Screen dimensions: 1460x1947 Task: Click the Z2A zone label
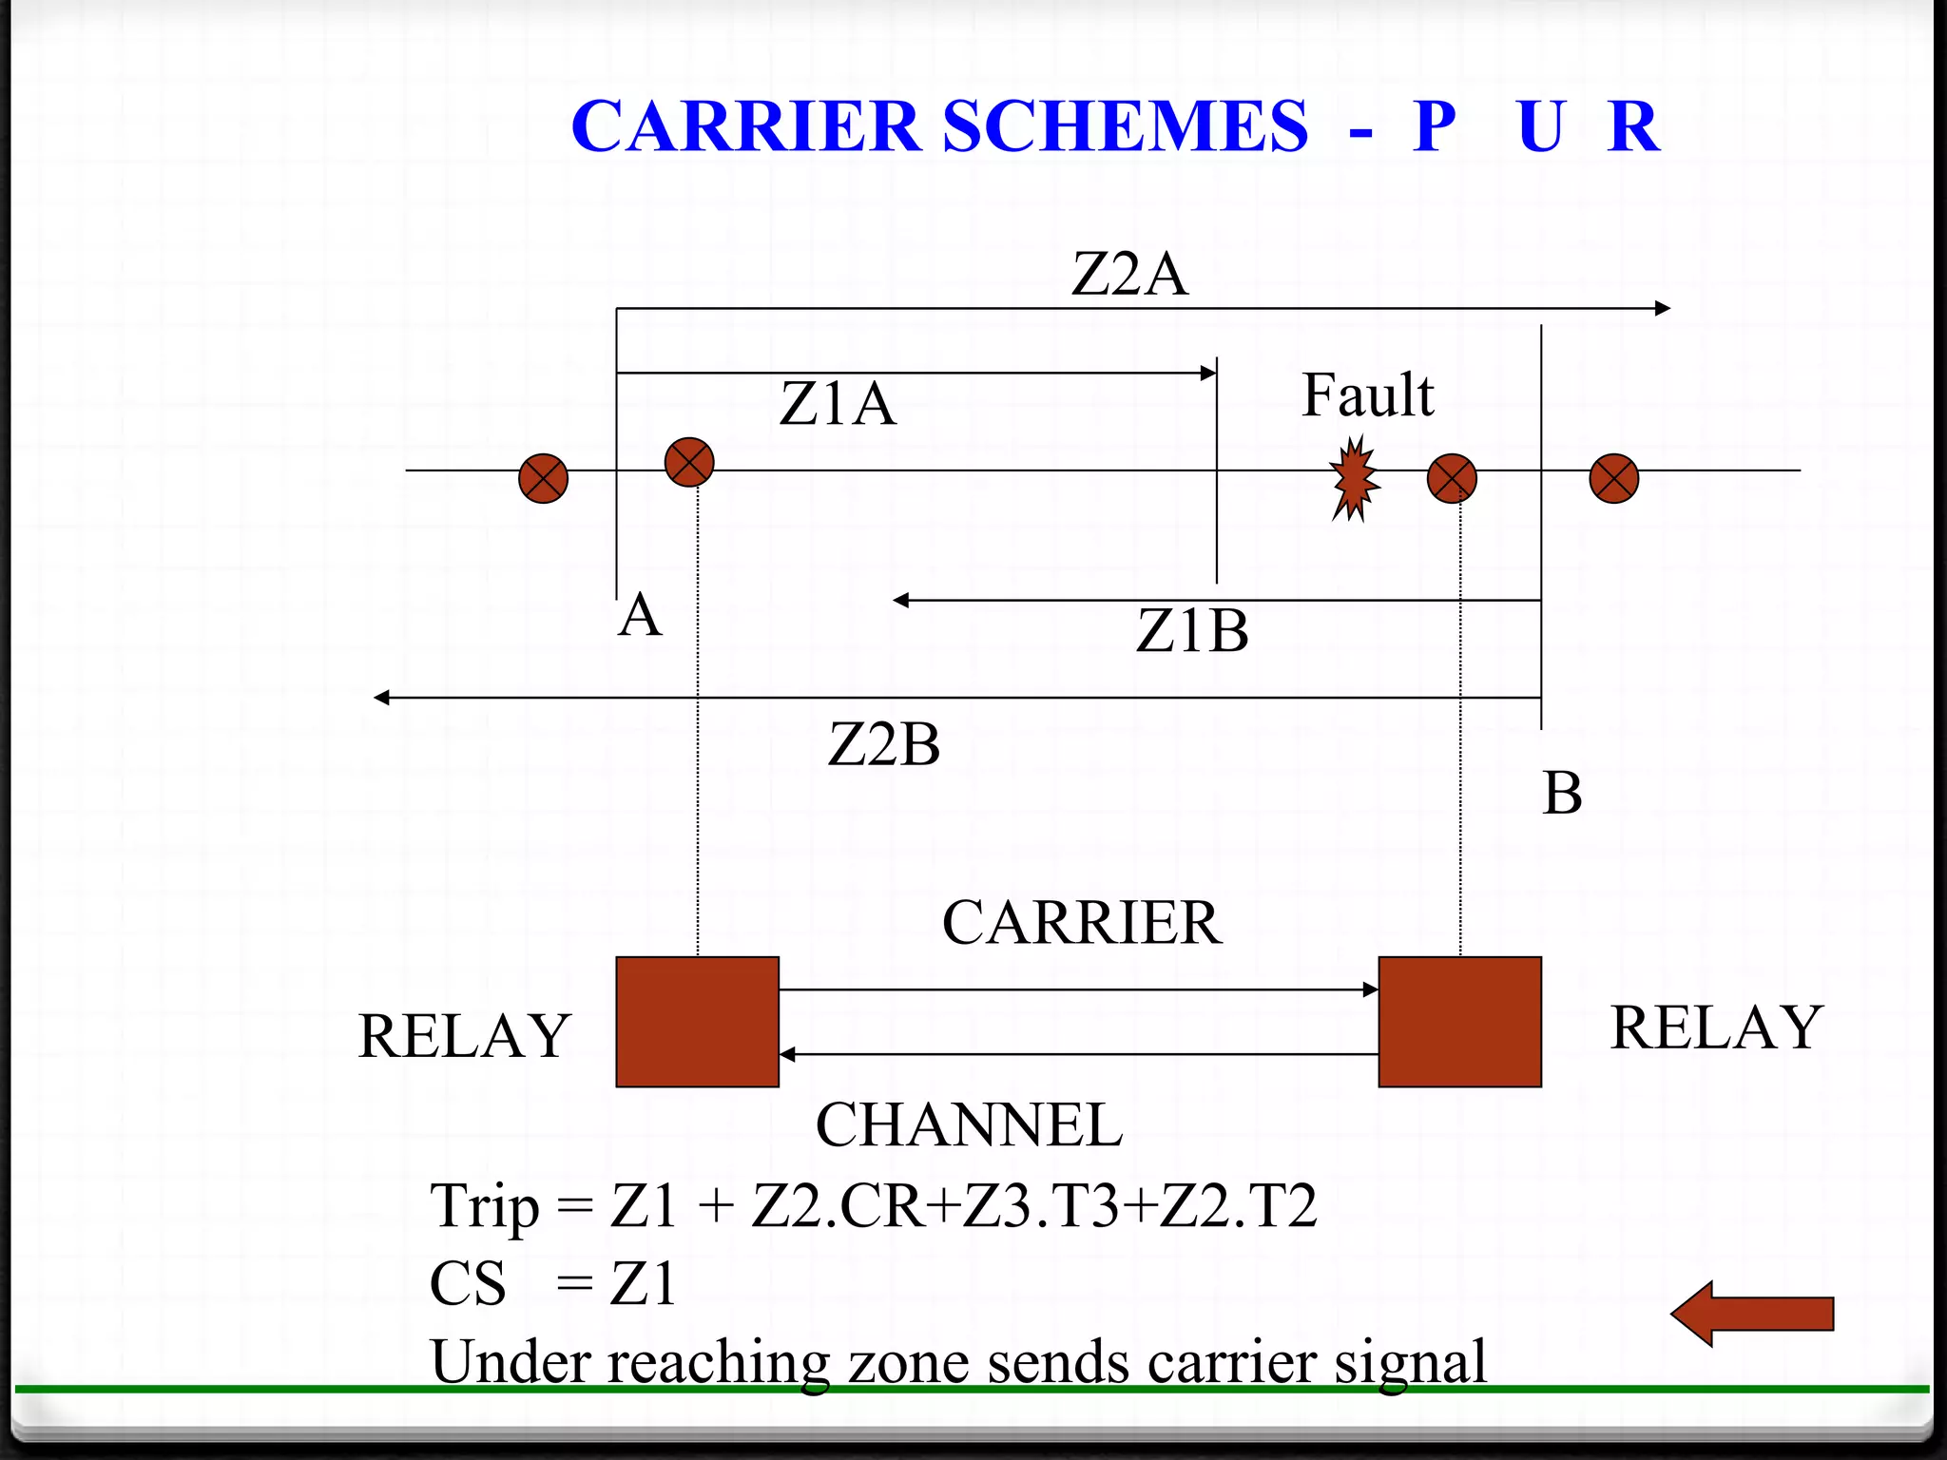click(1129, 275)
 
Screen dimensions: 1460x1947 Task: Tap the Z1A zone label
click(838, 404)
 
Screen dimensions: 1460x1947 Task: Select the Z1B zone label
click(1192, 631)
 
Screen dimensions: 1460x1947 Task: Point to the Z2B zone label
click(884, 744)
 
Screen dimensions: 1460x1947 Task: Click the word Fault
click(1367, 395)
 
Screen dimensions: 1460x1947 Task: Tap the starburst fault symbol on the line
click(1354, 478)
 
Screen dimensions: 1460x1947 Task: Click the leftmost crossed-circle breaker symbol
click(543, 478)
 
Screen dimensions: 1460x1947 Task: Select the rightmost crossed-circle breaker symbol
click(1613, 478)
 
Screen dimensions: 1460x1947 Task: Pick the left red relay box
click(697, 1022)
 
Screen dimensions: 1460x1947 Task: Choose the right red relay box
click(1459, 1022)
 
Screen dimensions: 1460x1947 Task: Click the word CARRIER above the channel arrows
click(1082, 923)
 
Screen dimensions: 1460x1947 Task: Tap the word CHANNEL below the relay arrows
click(969, 1125)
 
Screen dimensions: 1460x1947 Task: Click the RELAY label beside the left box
click(464, 1036)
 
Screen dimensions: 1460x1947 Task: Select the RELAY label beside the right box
click(1716, 1028)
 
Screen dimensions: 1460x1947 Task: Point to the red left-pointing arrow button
click(1751, 1314)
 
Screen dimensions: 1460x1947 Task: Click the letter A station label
click(640, 615)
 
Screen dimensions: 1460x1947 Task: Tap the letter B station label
click(1562, 794)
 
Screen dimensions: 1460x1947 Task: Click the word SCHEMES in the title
click(1125, 126)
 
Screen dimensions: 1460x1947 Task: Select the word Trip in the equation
click(485, 1207)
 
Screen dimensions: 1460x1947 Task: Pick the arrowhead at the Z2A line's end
click(1662, 308)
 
